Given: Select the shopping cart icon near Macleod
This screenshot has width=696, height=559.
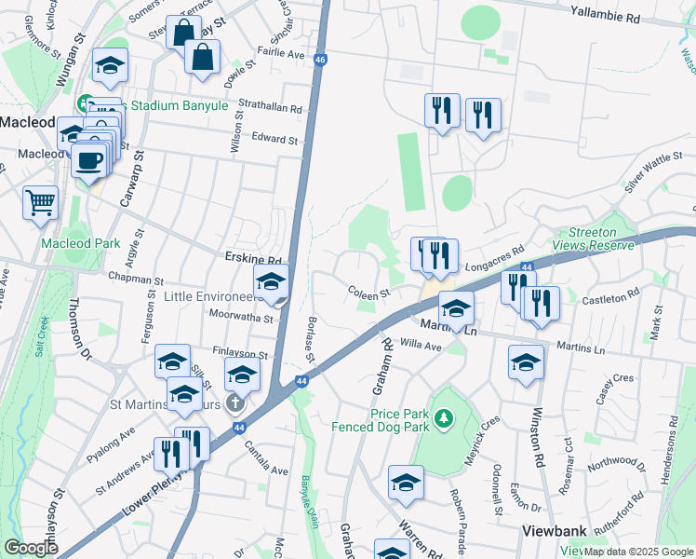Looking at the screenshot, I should point(40,202).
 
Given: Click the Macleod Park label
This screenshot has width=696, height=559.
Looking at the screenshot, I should point(81,243).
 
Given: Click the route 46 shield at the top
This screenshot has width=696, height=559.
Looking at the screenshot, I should point(320,60).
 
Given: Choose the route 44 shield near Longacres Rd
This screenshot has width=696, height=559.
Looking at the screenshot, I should point(526,268).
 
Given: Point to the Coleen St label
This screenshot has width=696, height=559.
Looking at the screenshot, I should point(368,294).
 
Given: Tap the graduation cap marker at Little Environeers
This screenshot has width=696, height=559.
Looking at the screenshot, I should point(272,281).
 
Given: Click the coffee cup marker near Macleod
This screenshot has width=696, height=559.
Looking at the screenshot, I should point(89,160).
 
